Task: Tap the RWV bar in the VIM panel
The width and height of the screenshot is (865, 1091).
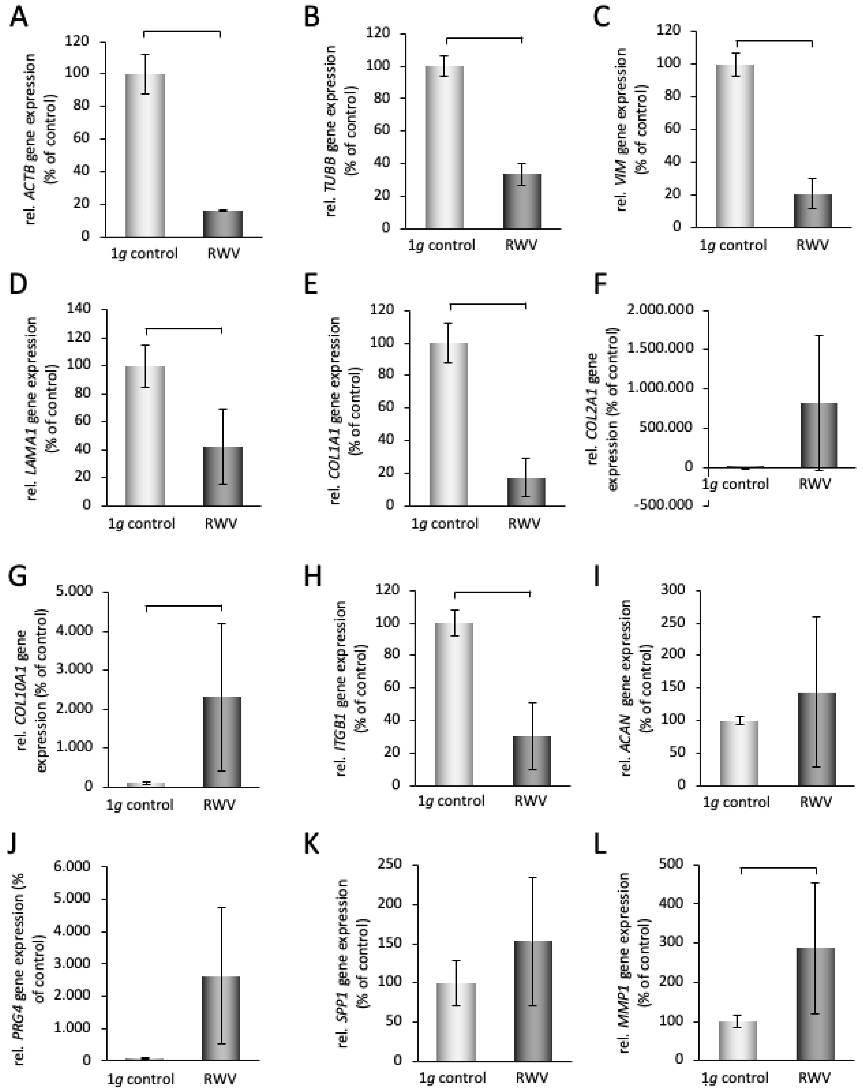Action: [812, 211]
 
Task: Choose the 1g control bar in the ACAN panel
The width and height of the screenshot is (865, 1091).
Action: [739, 753]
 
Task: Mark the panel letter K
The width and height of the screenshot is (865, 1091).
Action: [312, 844]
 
